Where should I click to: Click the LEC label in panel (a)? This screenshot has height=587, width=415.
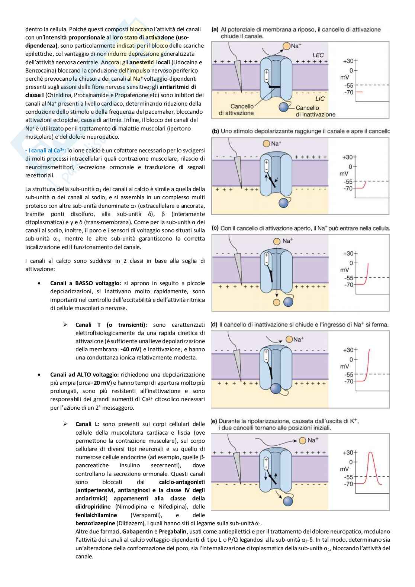coord(318,55)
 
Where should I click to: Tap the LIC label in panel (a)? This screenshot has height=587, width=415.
coord(320,99)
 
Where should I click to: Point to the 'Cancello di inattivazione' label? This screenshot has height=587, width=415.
coord(315,111)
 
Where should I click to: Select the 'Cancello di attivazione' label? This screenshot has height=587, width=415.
coord(236,110)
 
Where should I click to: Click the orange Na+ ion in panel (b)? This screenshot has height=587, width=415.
coord(266,143)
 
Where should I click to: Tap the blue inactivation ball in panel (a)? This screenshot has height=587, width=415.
coord(284,107)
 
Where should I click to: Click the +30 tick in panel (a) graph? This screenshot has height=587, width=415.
coord(349,61)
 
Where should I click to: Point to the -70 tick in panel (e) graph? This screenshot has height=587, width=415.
coord(349,484)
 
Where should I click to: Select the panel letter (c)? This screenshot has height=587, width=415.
coord(215,228)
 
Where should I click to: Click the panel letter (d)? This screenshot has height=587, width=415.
coord(214,325)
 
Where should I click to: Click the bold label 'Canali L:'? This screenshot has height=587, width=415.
coord(87,424)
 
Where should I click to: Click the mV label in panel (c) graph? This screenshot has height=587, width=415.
coord(344,270)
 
